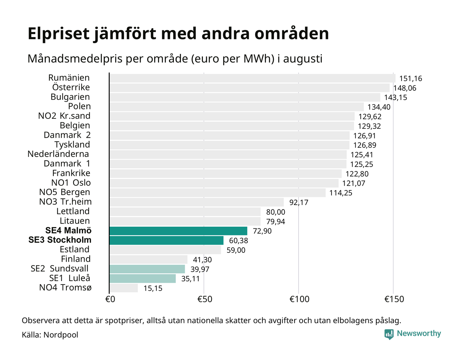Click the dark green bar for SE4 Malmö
(x=178, y=231)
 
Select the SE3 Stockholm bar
(x=166, y=240)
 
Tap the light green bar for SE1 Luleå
(x=142, y=278)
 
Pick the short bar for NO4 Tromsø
(x=123, y=288)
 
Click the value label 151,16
(x=411, y=79)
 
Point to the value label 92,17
(x=299, y=202)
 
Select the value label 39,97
(x=200, y=269)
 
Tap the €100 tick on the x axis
(x=299, y=299)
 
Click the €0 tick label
(x=110, y=299)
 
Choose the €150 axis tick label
(x=394, y=299)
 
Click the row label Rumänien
(x=69, y=78)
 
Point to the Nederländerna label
(x=58, y=154)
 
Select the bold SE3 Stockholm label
(x=60, y=240)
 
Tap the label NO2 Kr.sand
(x=64, y=116)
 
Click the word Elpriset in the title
(x=58, y=34)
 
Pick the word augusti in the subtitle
(x=303, y=59)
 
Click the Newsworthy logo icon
(x=389, y=334)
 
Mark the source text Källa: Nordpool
(x=50, y=335)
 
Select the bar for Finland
(x=148, y=260)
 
